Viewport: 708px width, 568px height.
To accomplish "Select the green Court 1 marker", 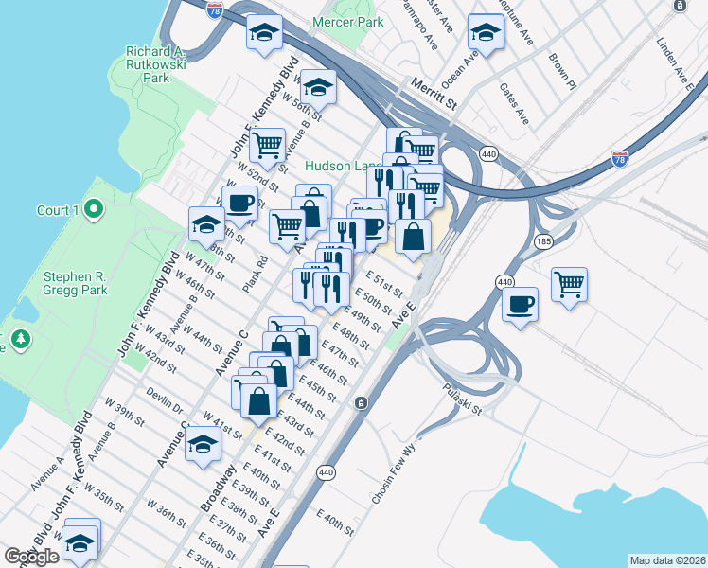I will (x=93, y=209).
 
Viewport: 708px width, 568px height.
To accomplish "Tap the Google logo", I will (x=31, y=556).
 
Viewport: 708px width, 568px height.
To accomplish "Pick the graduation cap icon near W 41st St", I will (x=203, y=444).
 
